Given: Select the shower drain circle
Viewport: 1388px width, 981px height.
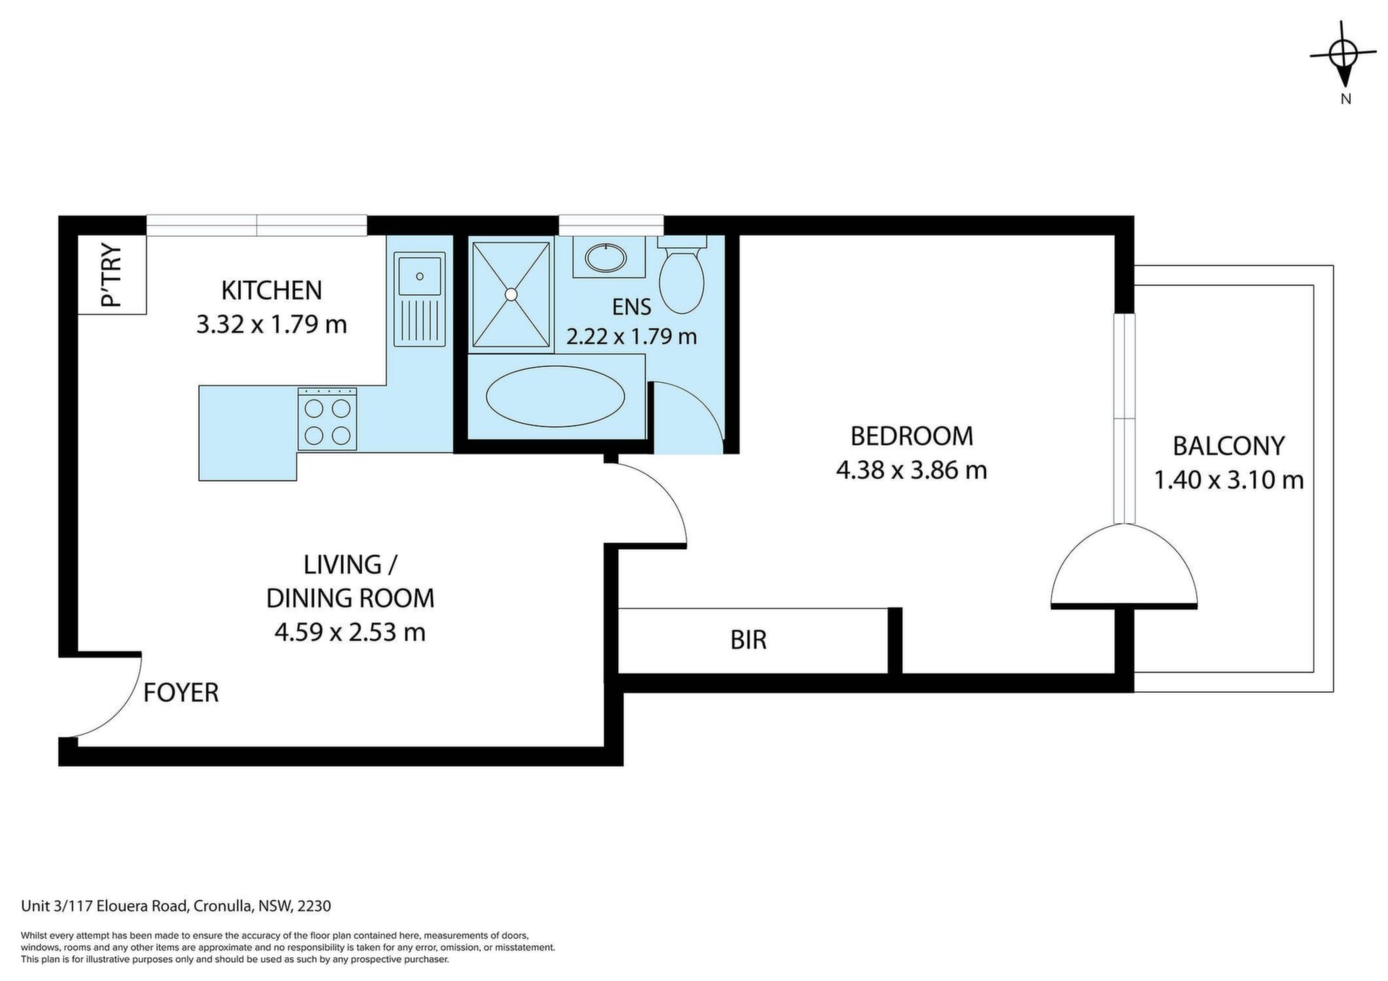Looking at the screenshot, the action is tap(511, 294).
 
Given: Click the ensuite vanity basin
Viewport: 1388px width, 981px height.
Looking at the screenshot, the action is tap(605, 257).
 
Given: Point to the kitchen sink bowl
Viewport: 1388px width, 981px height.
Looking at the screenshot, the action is tap(419, 275).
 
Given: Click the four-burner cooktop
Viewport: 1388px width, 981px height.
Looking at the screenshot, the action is tap(327, 419).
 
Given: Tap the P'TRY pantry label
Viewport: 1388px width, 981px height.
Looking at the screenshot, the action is tap(112, 275).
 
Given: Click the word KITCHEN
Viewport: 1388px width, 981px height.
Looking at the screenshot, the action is tap(271, 290).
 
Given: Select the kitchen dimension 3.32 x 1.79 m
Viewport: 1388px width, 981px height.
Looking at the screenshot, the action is tap(272, 324).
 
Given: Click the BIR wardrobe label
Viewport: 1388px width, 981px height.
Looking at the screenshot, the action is tap(748, 640).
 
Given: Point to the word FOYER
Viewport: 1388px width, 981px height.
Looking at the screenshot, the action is tap(181, 693).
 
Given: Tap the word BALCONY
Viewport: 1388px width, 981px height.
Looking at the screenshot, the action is tap(1229, 446).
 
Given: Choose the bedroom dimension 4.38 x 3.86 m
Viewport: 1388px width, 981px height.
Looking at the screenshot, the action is tap(912, 470).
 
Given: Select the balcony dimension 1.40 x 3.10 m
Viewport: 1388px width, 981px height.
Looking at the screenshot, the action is tap(1229, 480).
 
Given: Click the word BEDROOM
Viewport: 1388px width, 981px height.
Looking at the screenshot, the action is tap(912, 436).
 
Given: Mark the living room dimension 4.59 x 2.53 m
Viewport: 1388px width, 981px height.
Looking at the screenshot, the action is tap(350, 633).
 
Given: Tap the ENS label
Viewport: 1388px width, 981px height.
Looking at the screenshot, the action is tap(632, 307).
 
